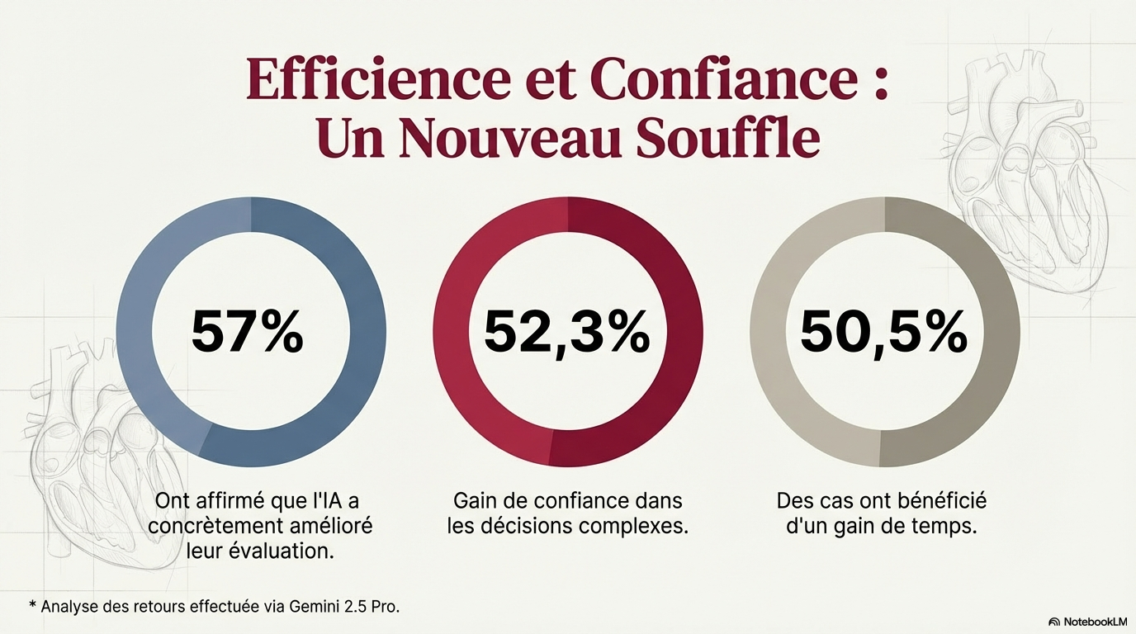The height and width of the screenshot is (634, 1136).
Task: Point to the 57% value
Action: [248, 332]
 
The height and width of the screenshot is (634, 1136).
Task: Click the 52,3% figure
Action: [566, 332]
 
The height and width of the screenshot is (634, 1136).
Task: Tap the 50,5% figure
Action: [884, 332]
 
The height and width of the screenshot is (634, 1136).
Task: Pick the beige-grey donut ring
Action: [768, 332]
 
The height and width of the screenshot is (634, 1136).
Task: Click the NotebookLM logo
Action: [1087, 622]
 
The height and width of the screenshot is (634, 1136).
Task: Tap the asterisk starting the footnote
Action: [32, 605]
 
